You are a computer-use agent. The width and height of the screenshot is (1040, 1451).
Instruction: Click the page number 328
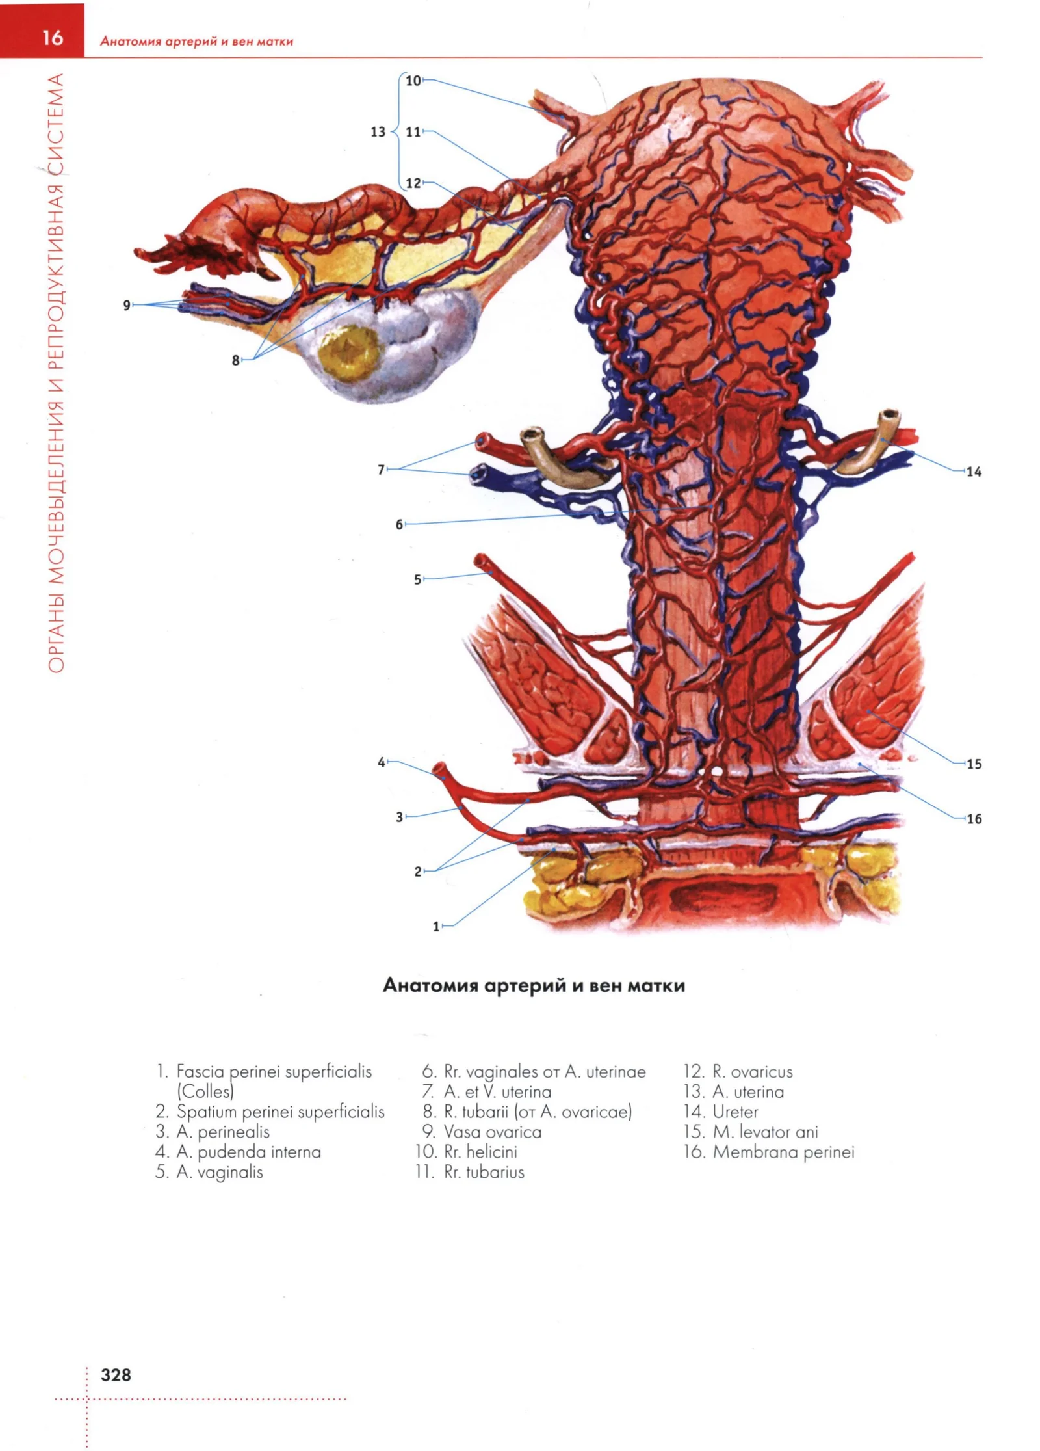point(116,1374)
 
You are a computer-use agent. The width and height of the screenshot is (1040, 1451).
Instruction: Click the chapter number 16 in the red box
point(52,38)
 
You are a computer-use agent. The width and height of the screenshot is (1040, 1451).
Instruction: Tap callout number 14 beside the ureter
point(973,472)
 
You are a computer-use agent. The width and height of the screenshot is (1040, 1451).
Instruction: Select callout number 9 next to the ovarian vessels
point(127,304)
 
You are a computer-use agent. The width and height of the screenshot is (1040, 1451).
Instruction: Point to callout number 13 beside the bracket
point(378,132)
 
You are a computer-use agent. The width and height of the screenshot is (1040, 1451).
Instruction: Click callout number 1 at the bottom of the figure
point(436,926)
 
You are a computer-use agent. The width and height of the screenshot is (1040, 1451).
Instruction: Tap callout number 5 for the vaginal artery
point(417,579)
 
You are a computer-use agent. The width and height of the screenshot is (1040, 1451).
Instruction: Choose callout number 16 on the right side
point(974,819)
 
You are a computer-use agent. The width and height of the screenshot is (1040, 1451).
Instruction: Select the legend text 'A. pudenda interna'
point(249,1152)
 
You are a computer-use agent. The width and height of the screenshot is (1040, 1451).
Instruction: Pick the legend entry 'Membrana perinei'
point(783,1152)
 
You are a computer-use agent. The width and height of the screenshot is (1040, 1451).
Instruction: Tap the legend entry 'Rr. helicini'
point(480,1152)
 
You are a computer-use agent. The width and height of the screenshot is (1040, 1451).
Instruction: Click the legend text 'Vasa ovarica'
point(493,1132)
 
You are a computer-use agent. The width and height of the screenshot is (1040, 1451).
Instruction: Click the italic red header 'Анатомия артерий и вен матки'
point(196,42)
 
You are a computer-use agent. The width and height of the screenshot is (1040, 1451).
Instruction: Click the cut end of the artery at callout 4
point(439,769)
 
